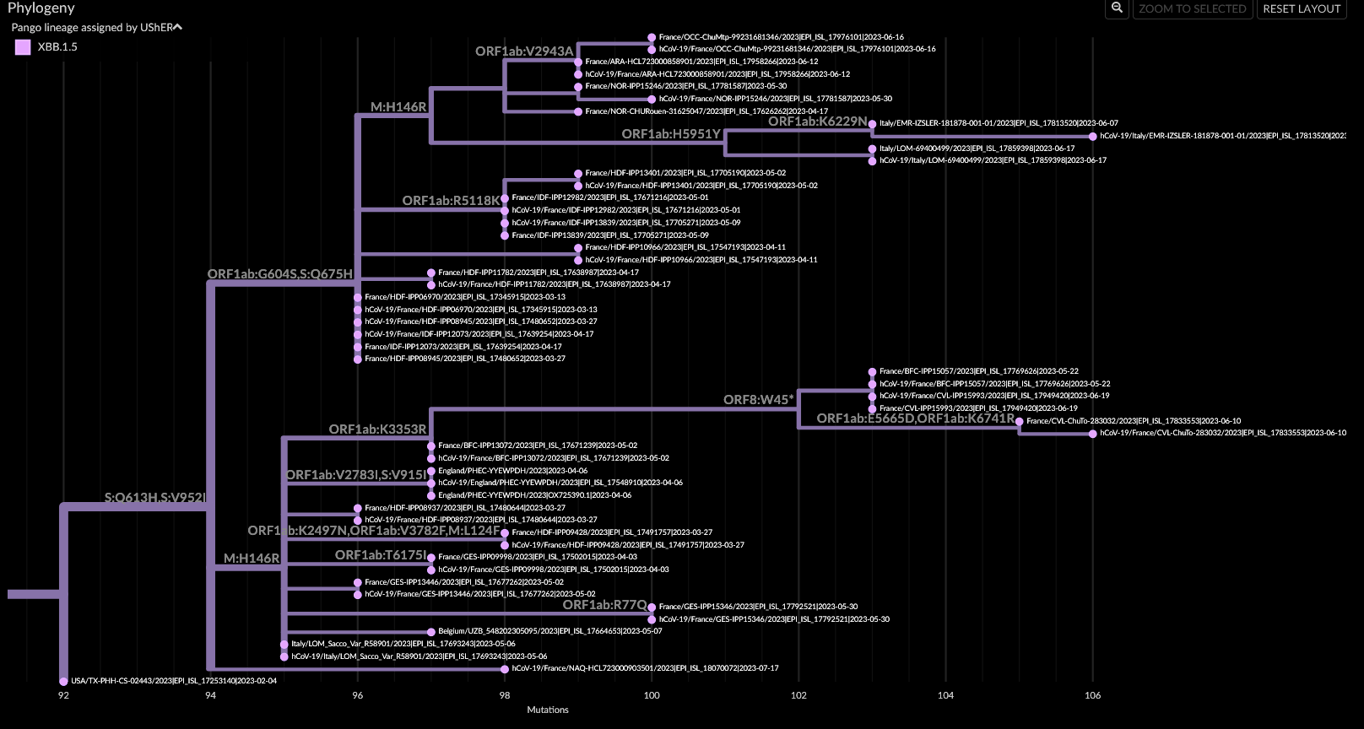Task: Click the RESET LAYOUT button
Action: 1302,8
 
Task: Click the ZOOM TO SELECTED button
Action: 1192,8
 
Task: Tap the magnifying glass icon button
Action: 1117,8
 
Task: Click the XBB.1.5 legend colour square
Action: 23,47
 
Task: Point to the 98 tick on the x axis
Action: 505,695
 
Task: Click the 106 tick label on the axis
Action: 1092,695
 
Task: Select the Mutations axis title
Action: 548,710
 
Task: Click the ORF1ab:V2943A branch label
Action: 524,51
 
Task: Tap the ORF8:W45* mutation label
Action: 758,400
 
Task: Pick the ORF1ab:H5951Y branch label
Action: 671,134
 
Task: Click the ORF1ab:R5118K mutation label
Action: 451,201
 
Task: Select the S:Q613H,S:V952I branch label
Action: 154,498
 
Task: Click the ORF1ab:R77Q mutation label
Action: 604,605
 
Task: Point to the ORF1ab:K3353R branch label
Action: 377,429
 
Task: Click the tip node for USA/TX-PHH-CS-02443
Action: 63,681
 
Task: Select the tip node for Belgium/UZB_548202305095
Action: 431,631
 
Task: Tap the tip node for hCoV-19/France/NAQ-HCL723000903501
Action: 505,669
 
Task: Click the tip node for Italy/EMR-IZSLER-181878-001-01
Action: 872,124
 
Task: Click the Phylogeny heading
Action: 41,8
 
